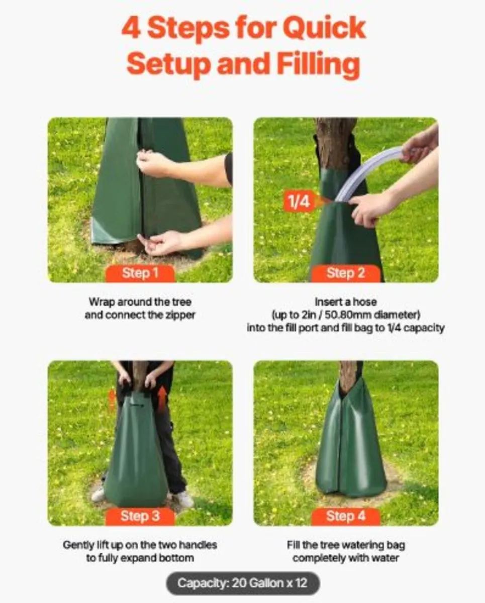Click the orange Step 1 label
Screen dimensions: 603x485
point(140,274)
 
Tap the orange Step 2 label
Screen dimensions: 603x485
point(345,274)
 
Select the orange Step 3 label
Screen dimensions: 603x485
point(140,517)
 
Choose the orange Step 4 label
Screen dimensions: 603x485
point(345,517)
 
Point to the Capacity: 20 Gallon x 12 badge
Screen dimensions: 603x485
point(242,584)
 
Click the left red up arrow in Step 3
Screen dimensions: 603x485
point(112,399)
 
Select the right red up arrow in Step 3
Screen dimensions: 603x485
point(162,398)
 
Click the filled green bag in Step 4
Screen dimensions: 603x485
point(351,447)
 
